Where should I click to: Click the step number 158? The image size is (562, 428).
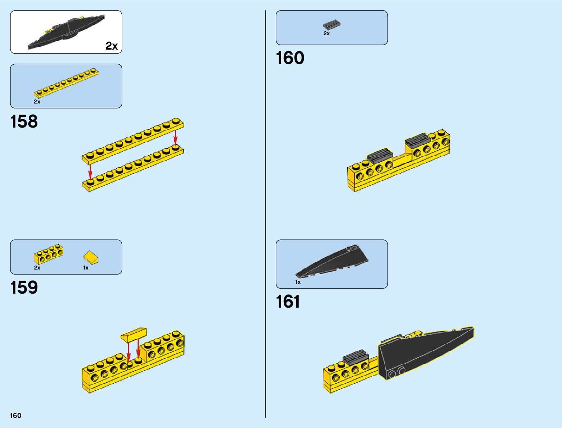coord(24,121)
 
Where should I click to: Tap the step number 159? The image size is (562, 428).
coord(24,287)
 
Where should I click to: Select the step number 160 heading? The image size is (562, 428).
coord(290,58)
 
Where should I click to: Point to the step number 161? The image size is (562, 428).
coord(288,302)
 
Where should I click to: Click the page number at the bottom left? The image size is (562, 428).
coord(16,415)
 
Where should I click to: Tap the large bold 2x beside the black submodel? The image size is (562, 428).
coord(111,46)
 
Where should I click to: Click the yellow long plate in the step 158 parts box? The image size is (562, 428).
coord(66,83)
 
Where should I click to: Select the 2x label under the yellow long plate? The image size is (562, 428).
coord(37,102)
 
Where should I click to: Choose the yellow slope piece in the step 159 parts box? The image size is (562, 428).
coord(91,257)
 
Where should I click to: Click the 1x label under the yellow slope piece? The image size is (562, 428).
coord(86,268)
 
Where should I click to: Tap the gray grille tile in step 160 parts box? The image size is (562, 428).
coord(331,25)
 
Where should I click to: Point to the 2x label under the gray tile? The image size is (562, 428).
coord(326,33)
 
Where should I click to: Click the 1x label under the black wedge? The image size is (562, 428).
coord(298,282)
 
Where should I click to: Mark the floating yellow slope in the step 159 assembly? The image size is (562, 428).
coord(134,334)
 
